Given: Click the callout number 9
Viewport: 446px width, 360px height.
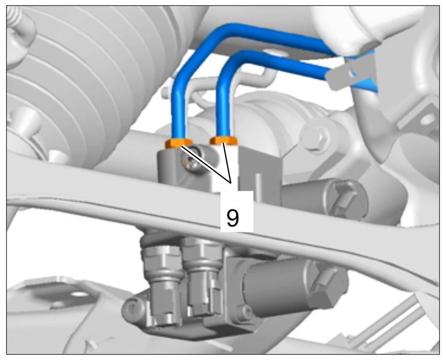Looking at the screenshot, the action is pos(233,218).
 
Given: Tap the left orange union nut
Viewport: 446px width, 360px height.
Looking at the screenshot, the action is pos(179,143).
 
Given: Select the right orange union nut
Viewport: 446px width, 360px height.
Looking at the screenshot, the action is pos(223,140).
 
